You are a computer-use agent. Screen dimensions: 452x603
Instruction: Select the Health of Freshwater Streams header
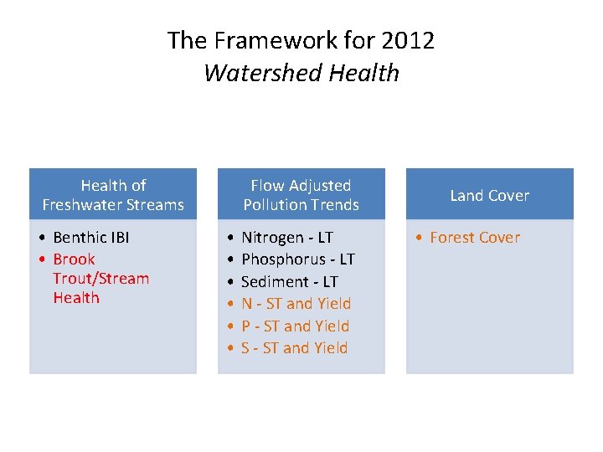(x=113, y=195)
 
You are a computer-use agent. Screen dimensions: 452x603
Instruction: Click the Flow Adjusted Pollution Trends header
(x=301, y=195)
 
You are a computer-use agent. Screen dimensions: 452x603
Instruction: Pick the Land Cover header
(x=490, y=195)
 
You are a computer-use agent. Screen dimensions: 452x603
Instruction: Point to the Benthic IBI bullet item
(x=90, y=238)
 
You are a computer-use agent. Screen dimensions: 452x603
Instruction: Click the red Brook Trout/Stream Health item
(x=100, y=279)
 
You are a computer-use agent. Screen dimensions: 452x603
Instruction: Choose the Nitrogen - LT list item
(x=286, y=238)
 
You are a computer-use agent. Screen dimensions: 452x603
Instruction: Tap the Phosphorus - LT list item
(x=297, y=259)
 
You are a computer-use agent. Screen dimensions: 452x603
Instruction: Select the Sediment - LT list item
(x=289, y=281)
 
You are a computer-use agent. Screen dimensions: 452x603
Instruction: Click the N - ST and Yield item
(x=296, y=303)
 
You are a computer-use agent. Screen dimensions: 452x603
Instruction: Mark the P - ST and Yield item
(x=295, y=326)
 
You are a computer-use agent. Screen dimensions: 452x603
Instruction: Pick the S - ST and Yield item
(x=294, y=347)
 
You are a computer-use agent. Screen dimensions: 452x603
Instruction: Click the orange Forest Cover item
(x=474, y=238)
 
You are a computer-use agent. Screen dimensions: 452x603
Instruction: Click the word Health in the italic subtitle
(x=363, y=73)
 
